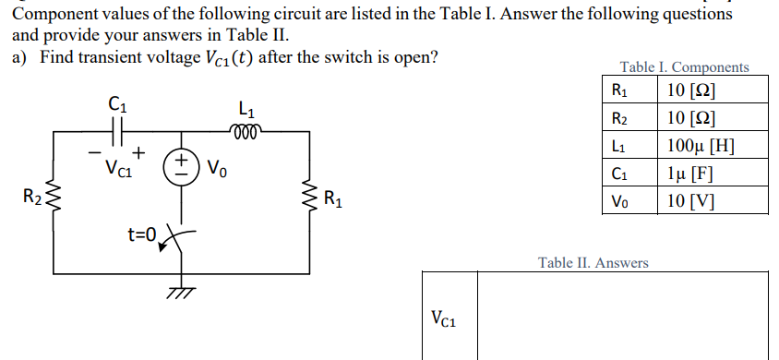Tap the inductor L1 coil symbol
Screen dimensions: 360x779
coord(246,130)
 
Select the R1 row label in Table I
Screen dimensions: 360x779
coord(619,90)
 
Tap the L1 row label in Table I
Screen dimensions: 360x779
coord(619,145)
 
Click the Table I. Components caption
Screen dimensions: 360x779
coord(684,66)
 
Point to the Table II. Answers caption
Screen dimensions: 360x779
coord(593,263)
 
